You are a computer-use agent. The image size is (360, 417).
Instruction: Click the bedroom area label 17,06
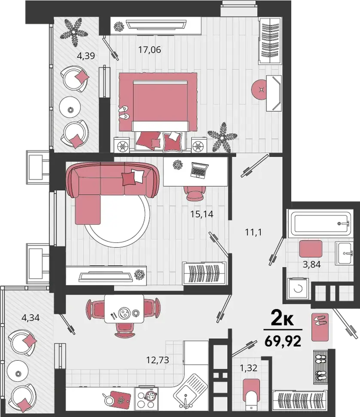[149, 50]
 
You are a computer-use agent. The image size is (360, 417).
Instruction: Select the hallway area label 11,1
[253, 232]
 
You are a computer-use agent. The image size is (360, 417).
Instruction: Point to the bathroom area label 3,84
[311, 264]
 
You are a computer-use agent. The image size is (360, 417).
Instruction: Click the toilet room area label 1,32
[249, 368]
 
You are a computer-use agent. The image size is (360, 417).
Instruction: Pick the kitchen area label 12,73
[158, 360]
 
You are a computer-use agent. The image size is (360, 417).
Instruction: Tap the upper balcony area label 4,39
[86, 56]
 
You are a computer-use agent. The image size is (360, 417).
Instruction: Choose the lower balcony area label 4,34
[31, 318]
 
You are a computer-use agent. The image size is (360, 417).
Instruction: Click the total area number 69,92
[283, 341]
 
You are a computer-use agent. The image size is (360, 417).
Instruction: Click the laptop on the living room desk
[199, 170]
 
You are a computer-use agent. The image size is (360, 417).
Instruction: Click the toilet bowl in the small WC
[251, 402]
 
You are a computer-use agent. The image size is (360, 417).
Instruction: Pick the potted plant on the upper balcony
[74, 31]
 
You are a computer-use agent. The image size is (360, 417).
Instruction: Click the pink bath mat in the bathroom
[311, 248]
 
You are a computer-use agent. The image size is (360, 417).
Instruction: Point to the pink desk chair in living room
[195, 193]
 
